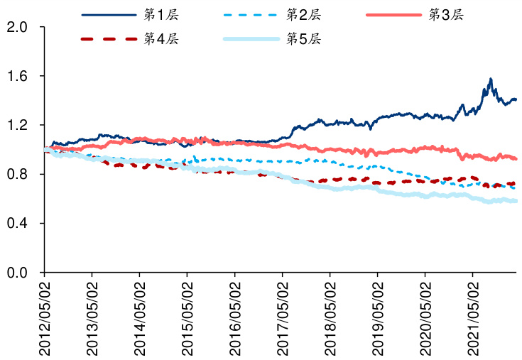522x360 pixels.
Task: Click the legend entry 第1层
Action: pyautogui.click(x=161, y=14)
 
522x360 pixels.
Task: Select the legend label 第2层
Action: pyautogui.click(x=303, y=14)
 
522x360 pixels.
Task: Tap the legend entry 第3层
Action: pyautogui.click(x=446, y=14)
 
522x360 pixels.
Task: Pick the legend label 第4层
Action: pyautogui.click(x=161, y=38)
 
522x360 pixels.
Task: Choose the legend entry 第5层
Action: pyautogui.click(x=303, y=38)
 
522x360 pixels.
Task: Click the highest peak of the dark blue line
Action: pyautogui.click(x=490, y=79)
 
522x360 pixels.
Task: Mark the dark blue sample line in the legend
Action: pyautogui.click(x=109, y=14)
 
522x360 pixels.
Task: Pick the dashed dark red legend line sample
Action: pyautogui.click(x=109, y=38)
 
